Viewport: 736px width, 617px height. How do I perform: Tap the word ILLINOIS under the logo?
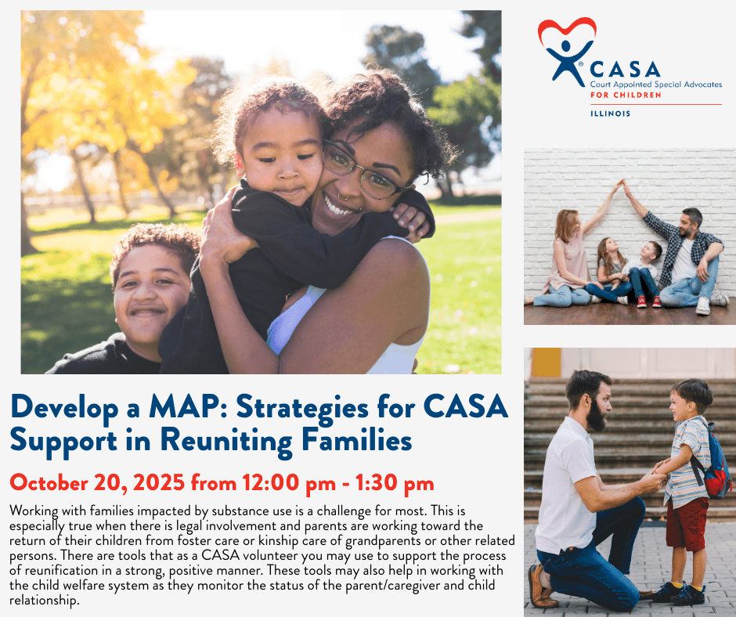pyautogui.click(x=610, y=114)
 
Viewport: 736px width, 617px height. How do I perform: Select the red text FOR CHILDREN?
pyautogui.click(x=626, y=95)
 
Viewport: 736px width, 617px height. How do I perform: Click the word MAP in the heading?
pyautogui.click(x=185, y=406)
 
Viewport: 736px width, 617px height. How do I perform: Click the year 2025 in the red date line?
pyautogui.click(x=158, y=482)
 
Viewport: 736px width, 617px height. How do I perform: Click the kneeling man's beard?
pyautogui.click(x=597, y=416)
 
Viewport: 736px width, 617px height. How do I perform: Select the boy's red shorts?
pyautogui.click(x=687, y=524)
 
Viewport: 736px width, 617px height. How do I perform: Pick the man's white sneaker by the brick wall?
pyautogui.click(x=702, y=305)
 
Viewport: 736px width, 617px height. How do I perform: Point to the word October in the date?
pyautogui.click(x=49, y=482)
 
